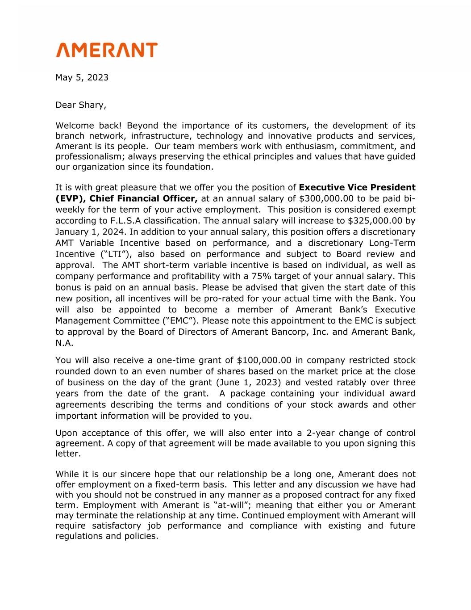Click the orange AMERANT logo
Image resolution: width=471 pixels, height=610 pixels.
[107, 50]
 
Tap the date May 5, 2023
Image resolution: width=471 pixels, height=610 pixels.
[82, 77]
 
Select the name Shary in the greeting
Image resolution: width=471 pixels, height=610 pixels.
[92, 105]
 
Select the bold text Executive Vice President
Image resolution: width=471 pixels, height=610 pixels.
[357, 187]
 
